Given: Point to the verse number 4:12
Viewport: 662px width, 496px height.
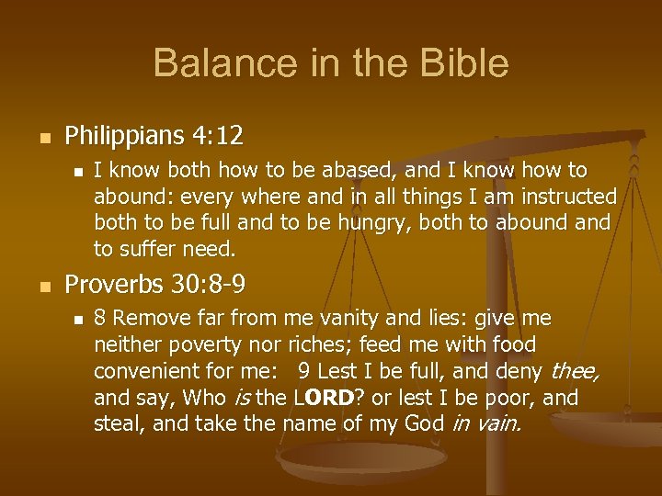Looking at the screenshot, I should [219, 137].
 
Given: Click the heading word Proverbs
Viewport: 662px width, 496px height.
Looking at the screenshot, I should [115, 286].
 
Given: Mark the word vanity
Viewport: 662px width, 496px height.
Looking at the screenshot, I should [332, 319].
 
